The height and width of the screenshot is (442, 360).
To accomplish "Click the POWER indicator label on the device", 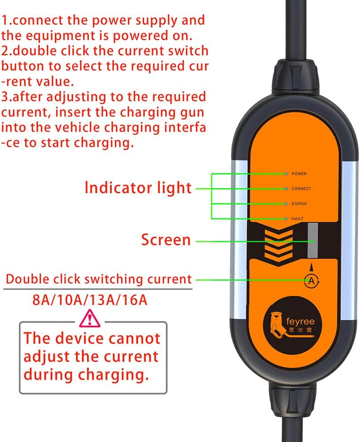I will (299, 174).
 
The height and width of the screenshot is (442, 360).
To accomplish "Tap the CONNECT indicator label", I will (301, 189).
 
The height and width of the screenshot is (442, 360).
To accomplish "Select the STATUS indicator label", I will (299, 204).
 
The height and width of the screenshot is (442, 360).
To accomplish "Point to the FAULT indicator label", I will (298, 219).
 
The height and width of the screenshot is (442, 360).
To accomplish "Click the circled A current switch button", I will (311, 280).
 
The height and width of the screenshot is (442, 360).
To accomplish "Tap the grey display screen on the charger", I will (313, 241).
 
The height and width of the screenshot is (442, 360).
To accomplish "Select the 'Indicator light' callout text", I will (138, 188).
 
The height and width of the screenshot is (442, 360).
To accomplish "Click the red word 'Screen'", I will (166, 240).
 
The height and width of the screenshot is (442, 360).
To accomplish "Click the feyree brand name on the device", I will (300, 321).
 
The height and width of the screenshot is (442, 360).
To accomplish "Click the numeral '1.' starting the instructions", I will (7, 20).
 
